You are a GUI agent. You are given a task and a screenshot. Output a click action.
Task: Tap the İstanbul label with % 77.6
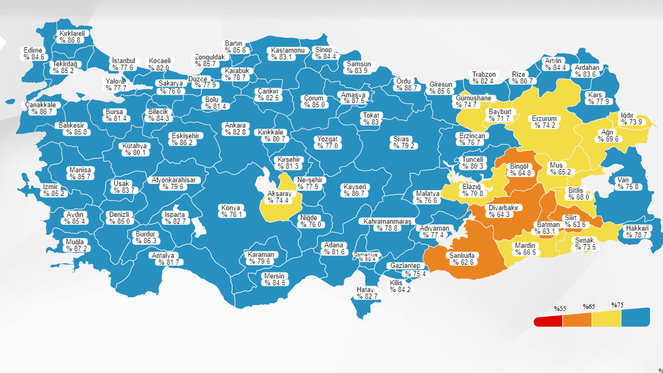click(123, 64)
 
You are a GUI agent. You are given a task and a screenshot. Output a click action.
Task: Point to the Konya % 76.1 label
click(231, 211)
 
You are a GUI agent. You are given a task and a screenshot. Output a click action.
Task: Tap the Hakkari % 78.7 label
click(636, 232)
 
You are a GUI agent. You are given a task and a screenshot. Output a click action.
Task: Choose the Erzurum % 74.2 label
click(544, 122)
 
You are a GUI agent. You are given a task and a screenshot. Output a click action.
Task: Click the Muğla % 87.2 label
click(75, 245)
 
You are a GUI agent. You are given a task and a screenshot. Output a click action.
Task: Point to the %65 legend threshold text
click(589, 306)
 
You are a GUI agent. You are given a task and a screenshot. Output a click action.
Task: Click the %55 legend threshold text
click(561, 308)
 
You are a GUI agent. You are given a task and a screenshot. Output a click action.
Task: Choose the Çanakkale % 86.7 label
click(40, 108)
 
